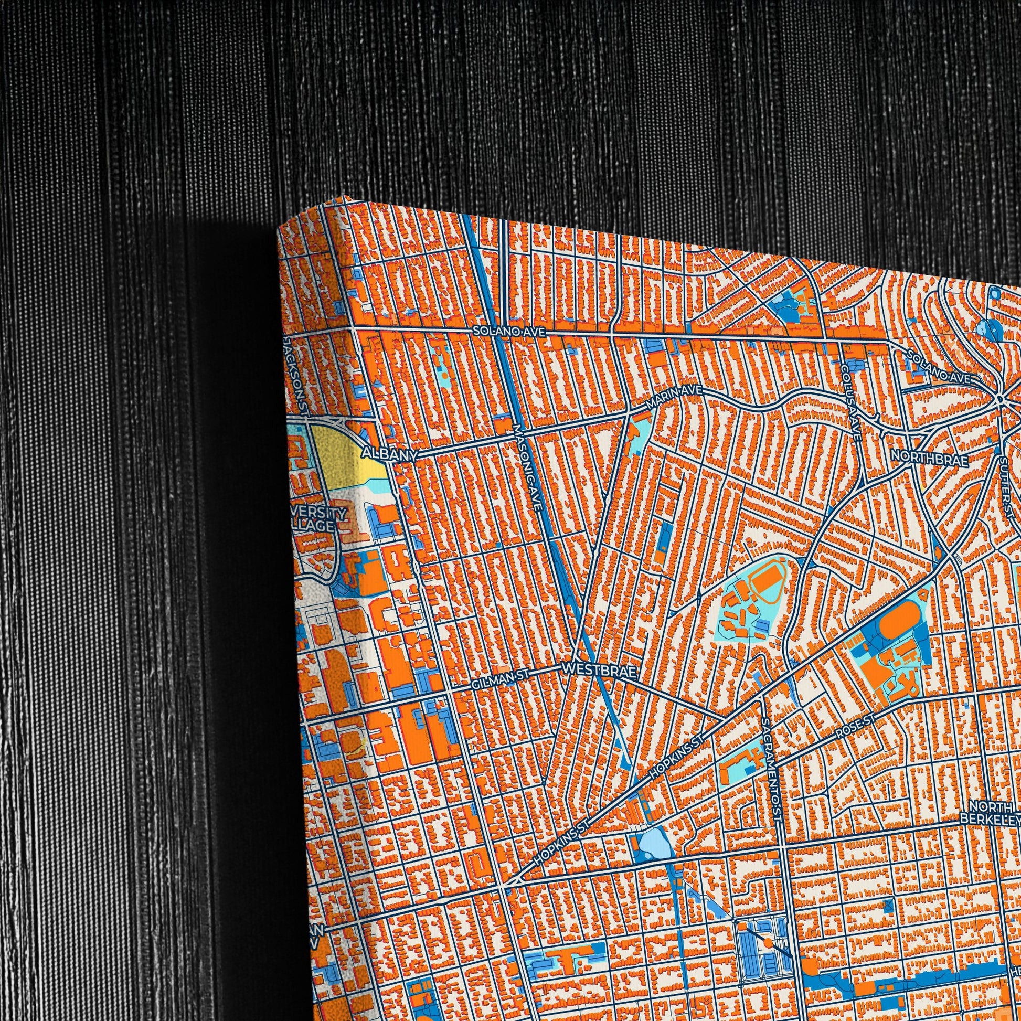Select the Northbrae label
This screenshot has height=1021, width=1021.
[930, 458]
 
